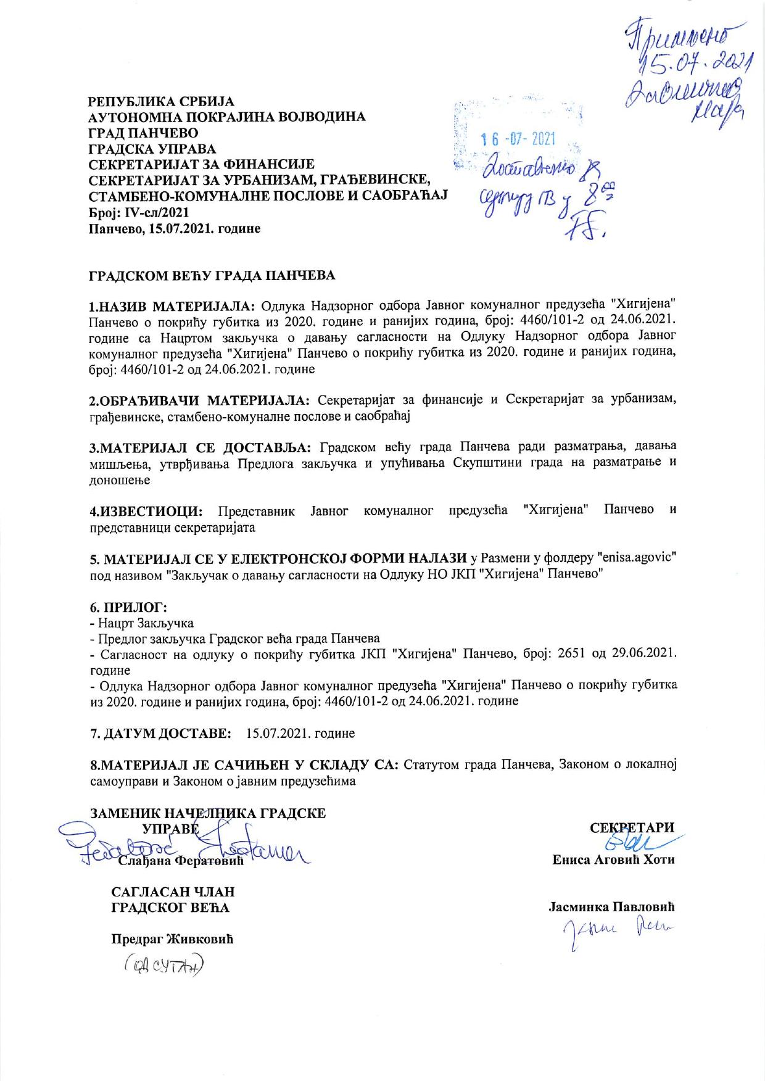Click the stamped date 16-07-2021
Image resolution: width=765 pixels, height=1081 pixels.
pos(518,139)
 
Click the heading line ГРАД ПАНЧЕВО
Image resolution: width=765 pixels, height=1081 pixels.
pos(143,133)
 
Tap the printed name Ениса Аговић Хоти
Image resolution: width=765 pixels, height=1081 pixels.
pos(613,859)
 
